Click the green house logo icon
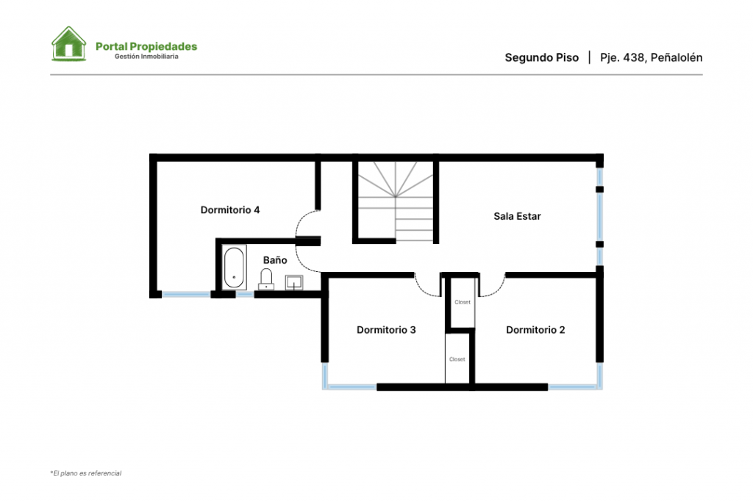point(68,43)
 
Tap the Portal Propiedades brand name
point(146,46)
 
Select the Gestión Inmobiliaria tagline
point(146,57)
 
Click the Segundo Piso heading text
point(542,57)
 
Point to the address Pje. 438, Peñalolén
point(652,57)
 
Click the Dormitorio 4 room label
point(230,209)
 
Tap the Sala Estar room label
point(517,216)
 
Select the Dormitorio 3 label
point(386,330)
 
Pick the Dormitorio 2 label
point(535,330)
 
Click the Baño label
point(275,260)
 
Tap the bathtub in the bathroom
point(234,268)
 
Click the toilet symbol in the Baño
point(266,279)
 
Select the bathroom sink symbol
point(294,283)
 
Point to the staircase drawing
point(395,201)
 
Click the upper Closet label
point(463,302)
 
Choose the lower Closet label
point(457,359)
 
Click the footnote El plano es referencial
point(86,473)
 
